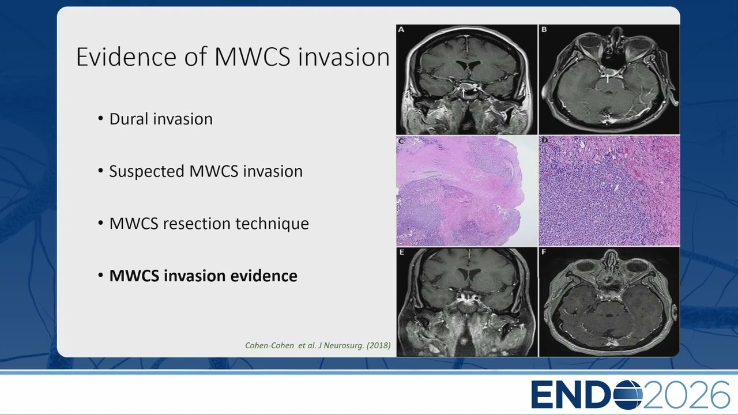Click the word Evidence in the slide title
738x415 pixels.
point(126,57)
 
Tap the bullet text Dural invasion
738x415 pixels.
point(161,119)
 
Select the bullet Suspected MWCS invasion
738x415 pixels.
point(206,171)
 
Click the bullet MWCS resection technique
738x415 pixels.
point(209,224)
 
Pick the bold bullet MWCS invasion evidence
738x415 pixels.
point(204,276)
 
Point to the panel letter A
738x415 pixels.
point(401,29)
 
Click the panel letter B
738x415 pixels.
point(544,29)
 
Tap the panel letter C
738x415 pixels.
point(401,141)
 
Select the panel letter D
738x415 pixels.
point(544,140)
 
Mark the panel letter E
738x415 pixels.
point(401,252)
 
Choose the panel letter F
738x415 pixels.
point(544,252)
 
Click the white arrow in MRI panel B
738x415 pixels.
point(608,78)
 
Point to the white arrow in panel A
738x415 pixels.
point(463,93)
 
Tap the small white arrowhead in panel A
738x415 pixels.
point(475,89)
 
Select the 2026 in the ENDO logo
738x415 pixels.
point(686,395)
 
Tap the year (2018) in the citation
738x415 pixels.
point(379,345)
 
